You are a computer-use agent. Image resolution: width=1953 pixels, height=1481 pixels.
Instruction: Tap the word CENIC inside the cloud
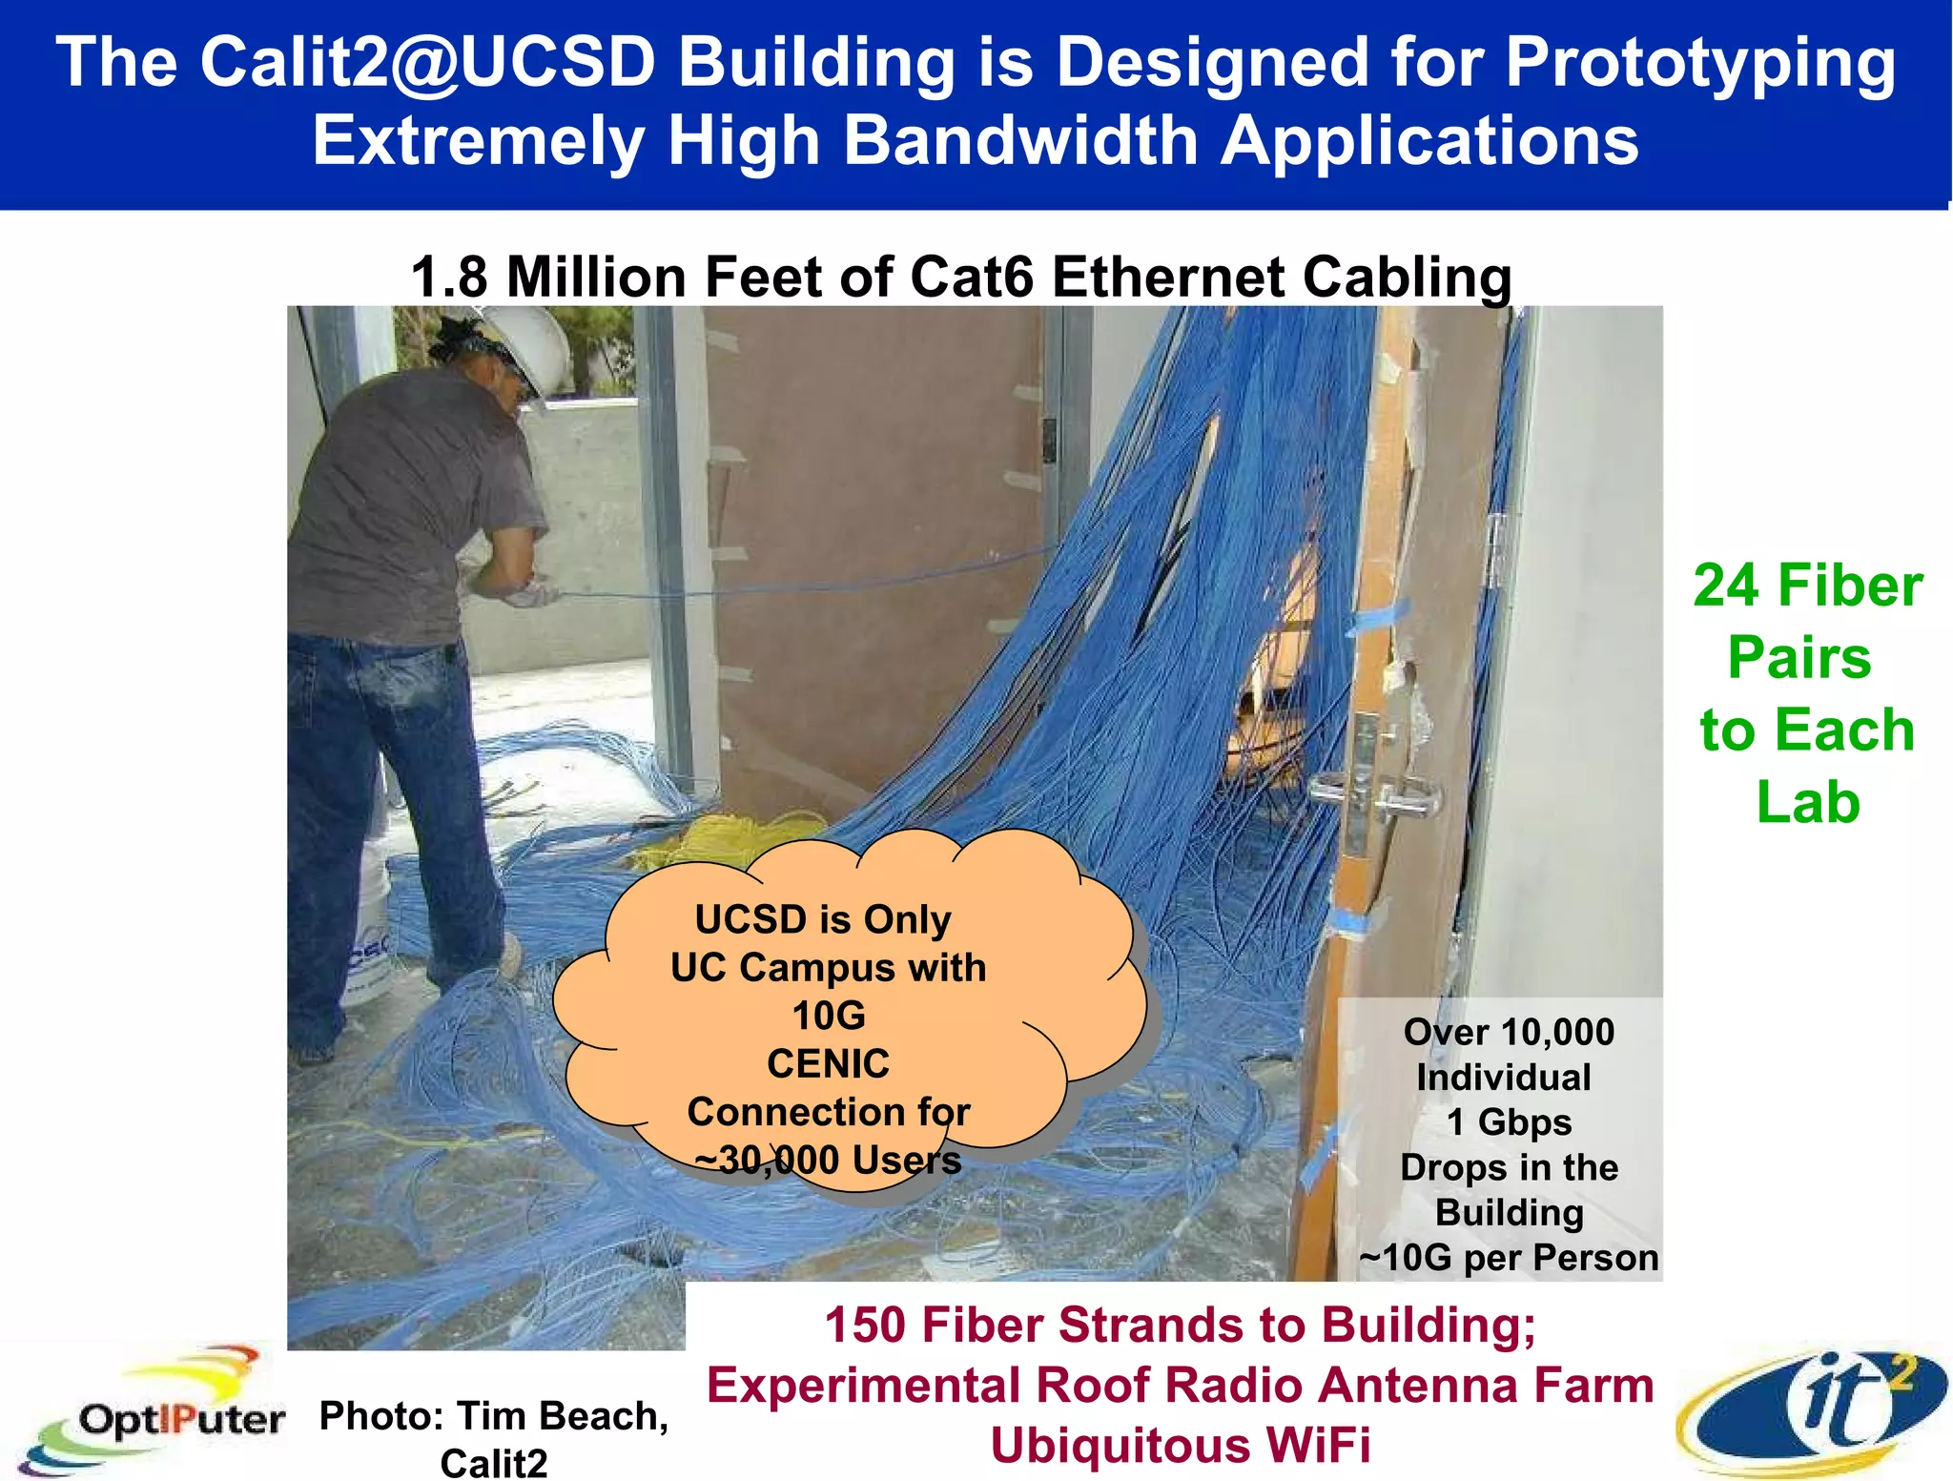click(828, 1063)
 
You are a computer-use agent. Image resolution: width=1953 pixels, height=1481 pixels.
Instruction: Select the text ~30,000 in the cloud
click(769, 1161)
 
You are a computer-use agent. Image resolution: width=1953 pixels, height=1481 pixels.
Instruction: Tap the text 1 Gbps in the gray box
click(1509, 1122)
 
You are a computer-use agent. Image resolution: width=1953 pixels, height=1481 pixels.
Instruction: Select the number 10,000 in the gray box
click(1557, 1032)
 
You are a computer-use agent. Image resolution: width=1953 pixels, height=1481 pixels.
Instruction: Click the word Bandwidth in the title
click(1020, 141)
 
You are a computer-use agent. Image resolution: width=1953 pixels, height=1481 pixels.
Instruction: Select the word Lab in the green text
click(1808, 803)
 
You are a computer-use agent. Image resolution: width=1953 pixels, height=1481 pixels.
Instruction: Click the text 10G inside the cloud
click(829, 1016)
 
